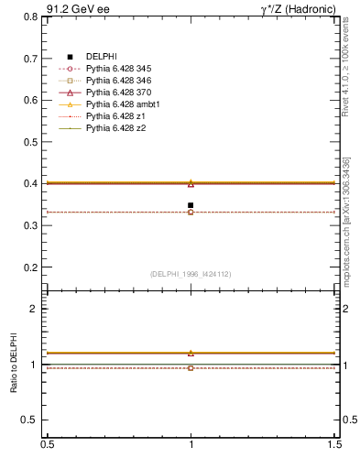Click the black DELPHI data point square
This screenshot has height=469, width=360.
pyautogui.click(x=191, y=205)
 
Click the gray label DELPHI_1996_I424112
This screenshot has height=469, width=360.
pyautogui.click(x=190, y=274)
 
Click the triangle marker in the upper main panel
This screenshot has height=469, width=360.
pyautogui.click(x=191, y=183)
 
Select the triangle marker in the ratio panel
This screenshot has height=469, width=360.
pyautogui.click(x=191, y=353)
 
